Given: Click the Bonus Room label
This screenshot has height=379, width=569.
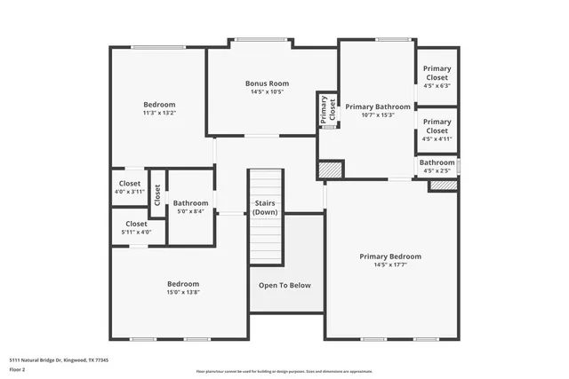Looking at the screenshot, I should (267, 83).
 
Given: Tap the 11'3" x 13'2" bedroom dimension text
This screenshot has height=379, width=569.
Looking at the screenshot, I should (159, 113).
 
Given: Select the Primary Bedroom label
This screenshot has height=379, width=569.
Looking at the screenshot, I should (390, 257).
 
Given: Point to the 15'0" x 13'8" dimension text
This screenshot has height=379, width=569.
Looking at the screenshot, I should (183, 292).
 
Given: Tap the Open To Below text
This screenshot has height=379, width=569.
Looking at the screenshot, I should (284, 285).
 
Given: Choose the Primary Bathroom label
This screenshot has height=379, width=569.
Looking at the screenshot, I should (378, 107).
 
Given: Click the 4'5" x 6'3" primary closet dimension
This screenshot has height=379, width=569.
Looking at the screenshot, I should (436, 86).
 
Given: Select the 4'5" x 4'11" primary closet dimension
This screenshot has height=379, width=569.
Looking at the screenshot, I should (436, 138).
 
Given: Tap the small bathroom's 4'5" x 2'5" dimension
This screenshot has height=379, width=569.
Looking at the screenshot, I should (437, 170).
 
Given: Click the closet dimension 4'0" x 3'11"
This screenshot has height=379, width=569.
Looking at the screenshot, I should (130, 192).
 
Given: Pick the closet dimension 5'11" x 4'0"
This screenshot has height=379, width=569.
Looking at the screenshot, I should (136, 232).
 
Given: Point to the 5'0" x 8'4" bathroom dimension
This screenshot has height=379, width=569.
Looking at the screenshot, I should (190, 211).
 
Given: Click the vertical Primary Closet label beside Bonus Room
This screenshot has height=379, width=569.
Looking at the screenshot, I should (328, 108).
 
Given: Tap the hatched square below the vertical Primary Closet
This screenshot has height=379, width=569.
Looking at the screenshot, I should (331, 169).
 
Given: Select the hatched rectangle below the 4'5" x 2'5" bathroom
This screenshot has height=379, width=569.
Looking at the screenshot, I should (442, 185).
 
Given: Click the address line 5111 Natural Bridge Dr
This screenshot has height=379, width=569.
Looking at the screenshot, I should (64, 359).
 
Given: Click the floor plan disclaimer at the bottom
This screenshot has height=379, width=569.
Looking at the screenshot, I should (284, 372).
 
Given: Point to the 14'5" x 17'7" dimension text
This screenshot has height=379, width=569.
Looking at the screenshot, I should (390, 265).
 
